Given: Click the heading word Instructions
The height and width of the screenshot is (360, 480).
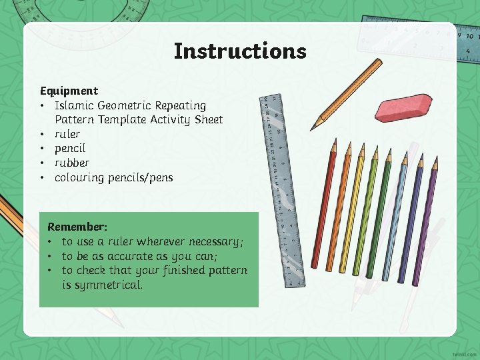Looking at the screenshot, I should click(x=240, y=51).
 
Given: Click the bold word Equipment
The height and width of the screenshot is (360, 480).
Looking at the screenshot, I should click(x=69, y=91).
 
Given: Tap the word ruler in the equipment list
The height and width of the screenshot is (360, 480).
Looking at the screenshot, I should click(x=67, y=134).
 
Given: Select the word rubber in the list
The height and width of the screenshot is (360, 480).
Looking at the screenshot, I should click(x=71, y=163).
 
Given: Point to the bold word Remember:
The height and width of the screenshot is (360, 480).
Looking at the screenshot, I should click(x=77, y=227).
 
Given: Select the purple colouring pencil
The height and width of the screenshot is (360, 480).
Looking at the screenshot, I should click(x=424, y=223).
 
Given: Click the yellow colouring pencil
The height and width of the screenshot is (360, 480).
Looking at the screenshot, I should click(x=353, y=210).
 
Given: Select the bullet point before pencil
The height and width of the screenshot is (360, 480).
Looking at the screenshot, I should click(x=43, y=149).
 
